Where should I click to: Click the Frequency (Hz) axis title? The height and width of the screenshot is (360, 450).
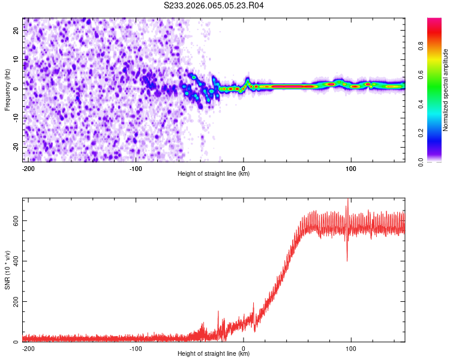pyautogui.click(x=7, y=89)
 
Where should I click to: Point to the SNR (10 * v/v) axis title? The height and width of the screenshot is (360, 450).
pyautogui.click(x=7, y=269)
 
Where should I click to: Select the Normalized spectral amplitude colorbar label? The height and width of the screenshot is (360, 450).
pyautogui.click(x=446, y=90)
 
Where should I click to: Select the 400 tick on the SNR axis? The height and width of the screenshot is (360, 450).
pyautogui.click(x=14, y=260)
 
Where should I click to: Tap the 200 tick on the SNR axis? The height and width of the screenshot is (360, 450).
pyautogui.click(x=14, y=301)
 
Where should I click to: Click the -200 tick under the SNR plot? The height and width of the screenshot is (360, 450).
pyautogui.click(x=28, y=347)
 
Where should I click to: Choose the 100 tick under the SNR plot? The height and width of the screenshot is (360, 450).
pyautogui.click(x=351, y=347)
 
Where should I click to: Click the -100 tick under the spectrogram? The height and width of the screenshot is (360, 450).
pyautogui.click(x=136, y=167)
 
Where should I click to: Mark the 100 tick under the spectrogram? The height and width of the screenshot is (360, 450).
pyautogui.click(x=351, y=167)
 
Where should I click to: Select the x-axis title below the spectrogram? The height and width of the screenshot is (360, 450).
pyautogui.click(x=214, y=174)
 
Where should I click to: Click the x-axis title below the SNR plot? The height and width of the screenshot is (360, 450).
pyautogui.click(x=214, y=354)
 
